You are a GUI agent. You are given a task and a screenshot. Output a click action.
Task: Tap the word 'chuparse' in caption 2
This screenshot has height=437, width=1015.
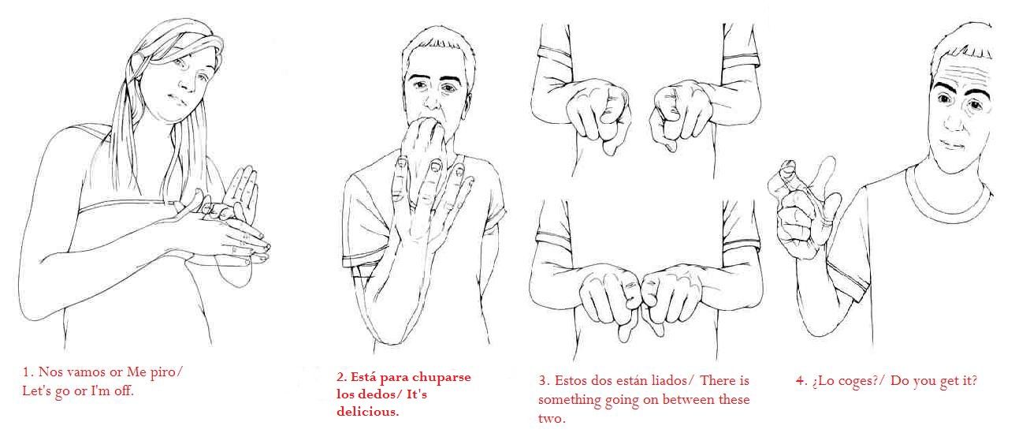(x=442, y=378)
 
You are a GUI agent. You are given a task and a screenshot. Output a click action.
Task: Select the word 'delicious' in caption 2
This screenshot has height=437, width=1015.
(x=367, y=412)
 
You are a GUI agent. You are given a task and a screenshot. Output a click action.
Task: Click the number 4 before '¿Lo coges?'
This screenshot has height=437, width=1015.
(x=800, y=380)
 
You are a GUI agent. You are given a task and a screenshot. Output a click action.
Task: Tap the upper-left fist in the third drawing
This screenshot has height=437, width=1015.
(x=597, y=114)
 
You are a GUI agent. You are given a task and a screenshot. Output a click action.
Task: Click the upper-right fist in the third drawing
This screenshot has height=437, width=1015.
(x=681, y=114)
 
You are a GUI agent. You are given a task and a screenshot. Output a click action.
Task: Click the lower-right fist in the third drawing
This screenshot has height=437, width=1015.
(x=672, y=297)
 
